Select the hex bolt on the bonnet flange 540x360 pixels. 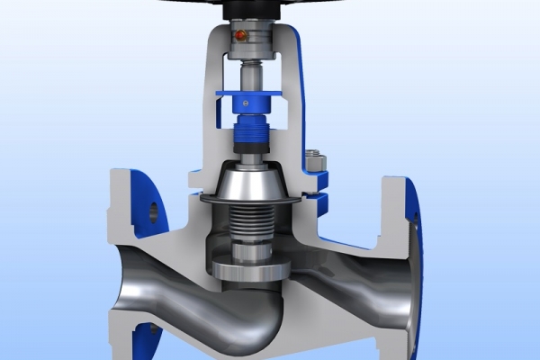[x=316, y=163]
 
